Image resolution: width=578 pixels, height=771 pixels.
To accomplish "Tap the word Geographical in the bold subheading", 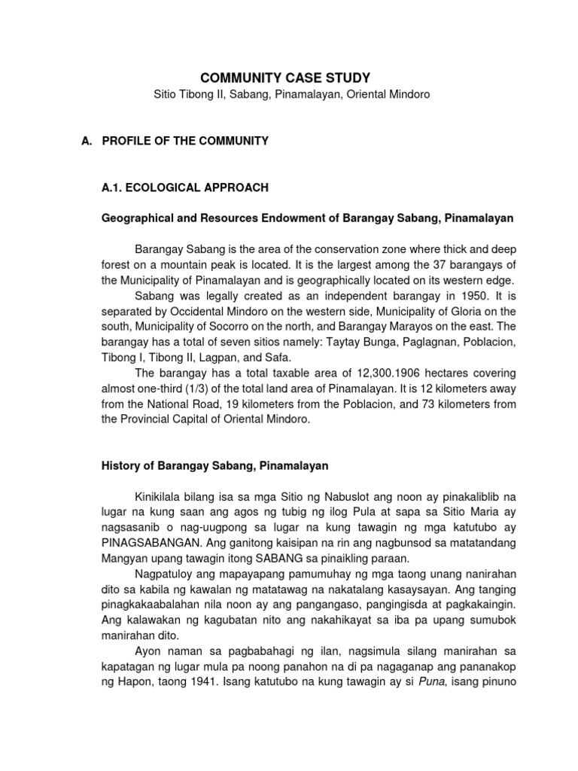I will click(135, 218).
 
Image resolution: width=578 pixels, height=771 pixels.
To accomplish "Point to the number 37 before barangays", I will click(420, 264).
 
